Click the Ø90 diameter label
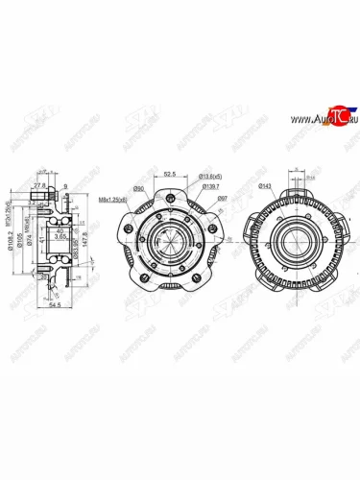pos(138,188)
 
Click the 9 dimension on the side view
pos(64,186)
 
